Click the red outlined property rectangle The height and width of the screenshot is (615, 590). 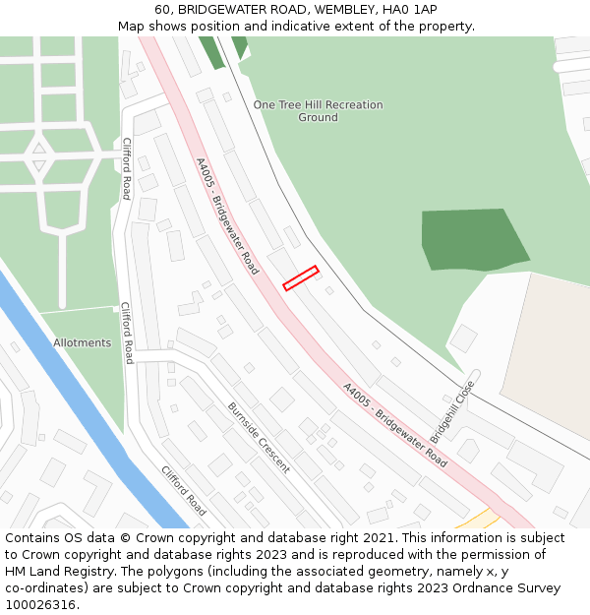pyautogui.click(x=301, y=278)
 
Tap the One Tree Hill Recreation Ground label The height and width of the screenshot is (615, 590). pyautogui.click(x=318, y=111)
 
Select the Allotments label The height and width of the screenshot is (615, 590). pyautogui.click(x=82, y=342)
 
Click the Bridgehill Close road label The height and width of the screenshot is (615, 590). pyautogui.click(x=452, y=411)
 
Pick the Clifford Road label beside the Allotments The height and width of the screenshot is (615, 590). pyautogui.click(x=126, y=333)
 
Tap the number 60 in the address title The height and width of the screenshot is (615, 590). pyautogui.click(x=162, y=10)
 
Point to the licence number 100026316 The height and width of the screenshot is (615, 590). pyautogui.click(x=41, y=604)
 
